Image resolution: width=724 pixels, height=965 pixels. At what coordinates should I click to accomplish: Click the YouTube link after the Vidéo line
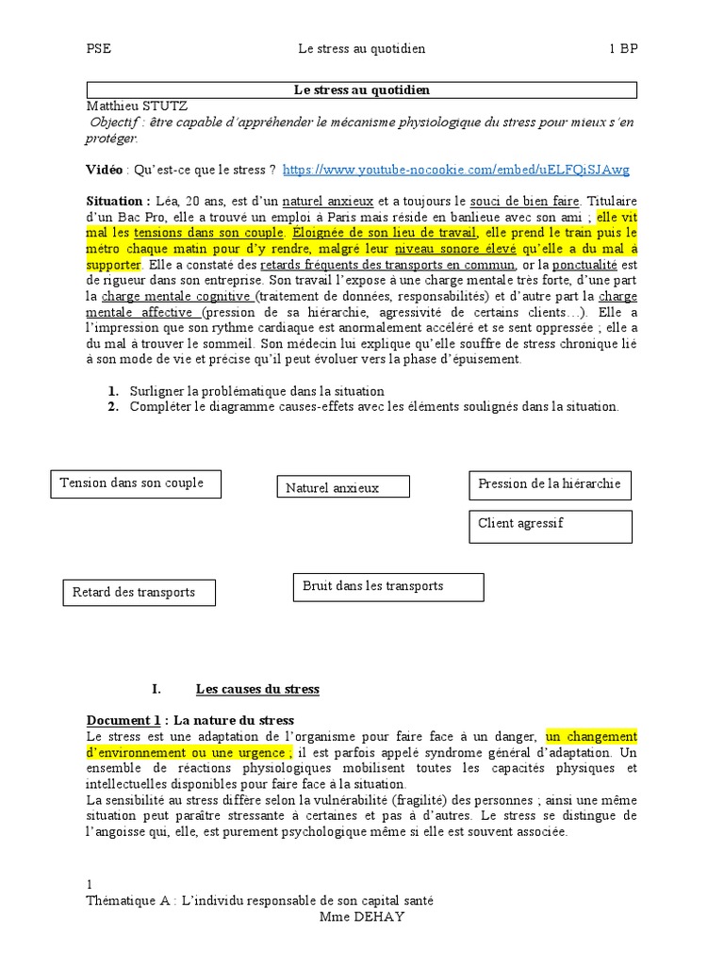(x=455, y=170)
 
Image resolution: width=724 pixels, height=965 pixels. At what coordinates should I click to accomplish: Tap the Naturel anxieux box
(x=343, y=487)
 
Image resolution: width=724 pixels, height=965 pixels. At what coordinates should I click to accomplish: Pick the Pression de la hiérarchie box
(x=550, y=484)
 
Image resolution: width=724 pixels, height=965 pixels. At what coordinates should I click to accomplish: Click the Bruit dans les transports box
(x=388, y=586)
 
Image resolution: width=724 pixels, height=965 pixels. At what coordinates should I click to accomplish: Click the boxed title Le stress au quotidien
(x=362, y=90)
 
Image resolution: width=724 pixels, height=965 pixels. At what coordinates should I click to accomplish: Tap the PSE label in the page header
(x=98, y=48)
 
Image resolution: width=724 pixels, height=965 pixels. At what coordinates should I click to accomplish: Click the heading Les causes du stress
(x=257, y=689)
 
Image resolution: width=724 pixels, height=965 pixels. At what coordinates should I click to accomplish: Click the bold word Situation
(x=117, y=201)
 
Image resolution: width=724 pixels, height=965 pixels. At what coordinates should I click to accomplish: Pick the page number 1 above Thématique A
(x=90, y=885)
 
